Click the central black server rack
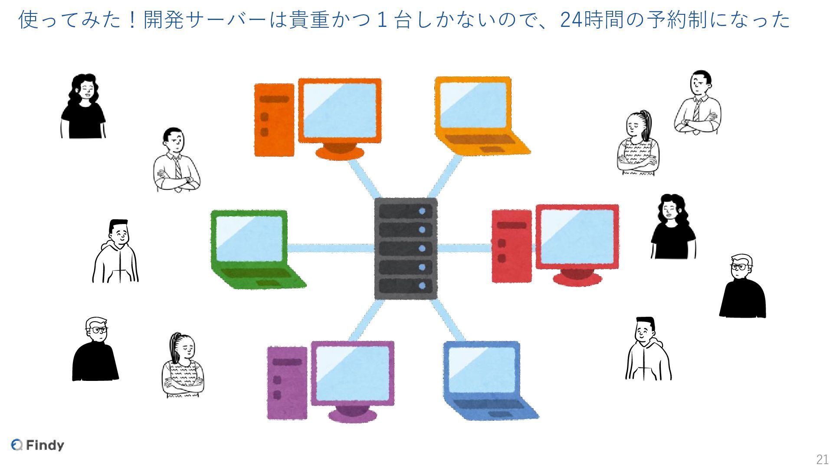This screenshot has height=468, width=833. (406, 248)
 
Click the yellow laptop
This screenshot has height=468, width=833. (477, 115)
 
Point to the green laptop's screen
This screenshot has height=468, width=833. (249, 239)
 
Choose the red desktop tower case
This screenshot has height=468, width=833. (512, 246)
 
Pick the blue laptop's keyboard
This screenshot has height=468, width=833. (486, 404)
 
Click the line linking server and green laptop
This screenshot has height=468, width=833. (331, 248)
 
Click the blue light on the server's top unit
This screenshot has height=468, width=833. (422, 211)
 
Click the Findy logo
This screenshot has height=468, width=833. (38, 445)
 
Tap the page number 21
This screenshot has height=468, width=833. (822, 459)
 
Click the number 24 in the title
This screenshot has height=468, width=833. (571, 20)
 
